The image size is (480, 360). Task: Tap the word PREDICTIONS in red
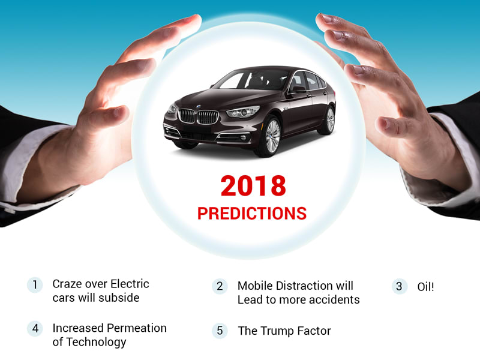[x=252, y=214]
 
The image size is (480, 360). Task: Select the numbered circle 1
[x=35, y=284]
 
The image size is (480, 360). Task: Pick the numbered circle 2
[x=220, y=286]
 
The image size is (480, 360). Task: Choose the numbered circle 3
[x=400, y=287]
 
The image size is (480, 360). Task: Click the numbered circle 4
[x=35, y=329]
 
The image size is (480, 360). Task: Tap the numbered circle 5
[x=220, y=331]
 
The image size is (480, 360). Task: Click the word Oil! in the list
[x=425, y=287]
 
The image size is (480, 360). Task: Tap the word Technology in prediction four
[x=97, y=342]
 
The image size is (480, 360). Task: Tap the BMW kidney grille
[x=198, y=116]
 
